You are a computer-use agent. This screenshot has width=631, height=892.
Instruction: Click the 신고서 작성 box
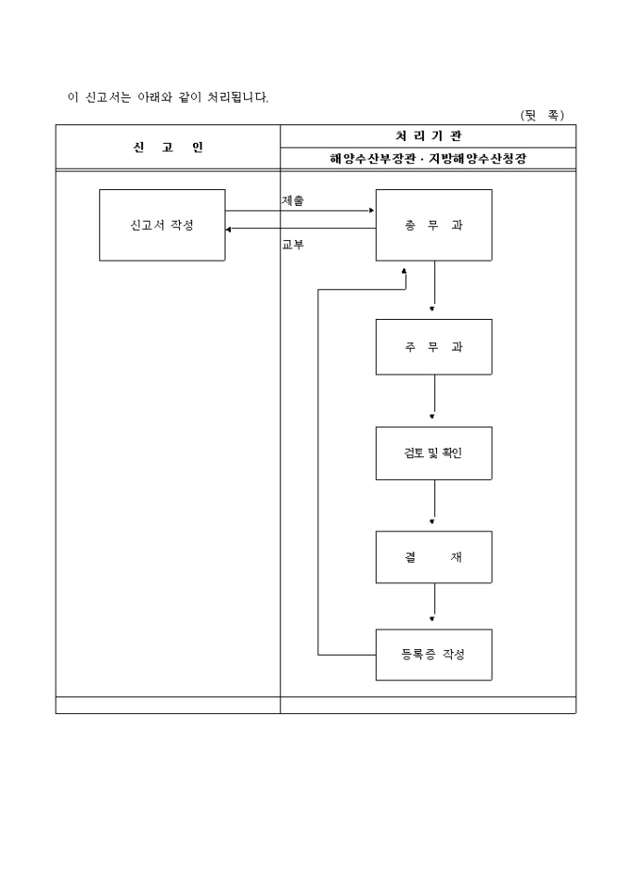point(162,225)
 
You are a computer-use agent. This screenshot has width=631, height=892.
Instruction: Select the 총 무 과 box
point(433,225)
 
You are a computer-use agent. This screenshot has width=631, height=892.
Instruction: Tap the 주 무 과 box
point(433,348)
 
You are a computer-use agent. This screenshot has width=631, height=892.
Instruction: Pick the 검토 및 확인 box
point(433,453)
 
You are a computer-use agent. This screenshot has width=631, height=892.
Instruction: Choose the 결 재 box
point(433,557)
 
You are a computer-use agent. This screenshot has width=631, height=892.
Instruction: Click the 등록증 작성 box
point(433,655)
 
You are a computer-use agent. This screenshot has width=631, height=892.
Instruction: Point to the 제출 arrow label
point(292,200)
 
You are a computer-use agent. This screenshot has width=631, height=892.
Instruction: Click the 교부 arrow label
point(292,246)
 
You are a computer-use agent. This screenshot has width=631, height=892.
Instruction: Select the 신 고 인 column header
point(167,147)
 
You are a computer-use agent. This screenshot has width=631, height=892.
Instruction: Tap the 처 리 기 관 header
point(427,135)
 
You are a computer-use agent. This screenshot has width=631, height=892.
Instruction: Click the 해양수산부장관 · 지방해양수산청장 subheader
point(427,159)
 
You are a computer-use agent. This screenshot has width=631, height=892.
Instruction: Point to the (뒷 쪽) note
point(542,115)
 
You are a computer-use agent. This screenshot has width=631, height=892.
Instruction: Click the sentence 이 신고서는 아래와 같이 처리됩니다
point(168,96)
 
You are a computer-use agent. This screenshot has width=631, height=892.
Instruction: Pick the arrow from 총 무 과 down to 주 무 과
point(433,287)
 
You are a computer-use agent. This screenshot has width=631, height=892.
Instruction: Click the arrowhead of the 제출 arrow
point(371,211)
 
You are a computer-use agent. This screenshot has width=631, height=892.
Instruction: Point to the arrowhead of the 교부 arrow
point(229,228)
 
